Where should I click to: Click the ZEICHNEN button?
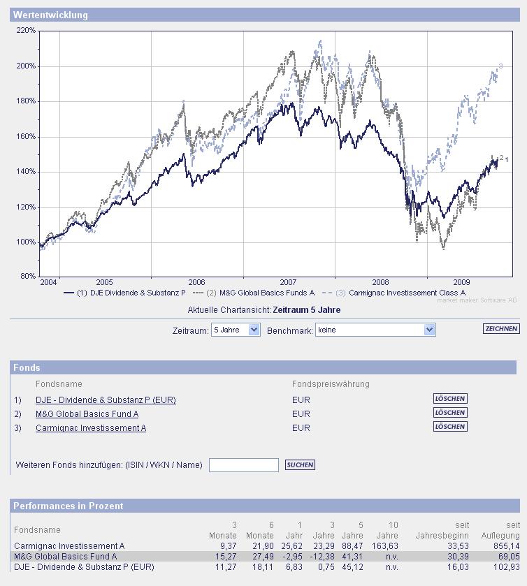click(501, 329)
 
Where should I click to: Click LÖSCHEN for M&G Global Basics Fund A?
click(450, 413)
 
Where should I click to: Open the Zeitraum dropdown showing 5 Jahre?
click(236, 330)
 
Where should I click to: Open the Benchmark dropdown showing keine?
click(376, 330)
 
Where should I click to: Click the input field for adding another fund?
click(243, 465)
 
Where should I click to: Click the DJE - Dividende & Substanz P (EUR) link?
click(106, 400)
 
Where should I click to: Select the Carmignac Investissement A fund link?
click(91, 428)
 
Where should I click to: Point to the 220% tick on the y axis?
click(27, 31)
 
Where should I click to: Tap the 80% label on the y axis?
click(28, 277)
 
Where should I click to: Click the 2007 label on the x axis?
click(289, 282)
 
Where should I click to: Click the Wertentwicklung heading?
click(50, 15)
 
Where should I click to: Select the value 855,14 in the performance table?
click(505, 546)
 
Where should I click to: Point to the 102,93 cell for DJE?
click(505, 567)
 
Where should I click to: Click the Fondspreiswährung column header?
click(331, 384)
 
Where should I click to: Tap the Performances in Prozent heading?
click(68, 506)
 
